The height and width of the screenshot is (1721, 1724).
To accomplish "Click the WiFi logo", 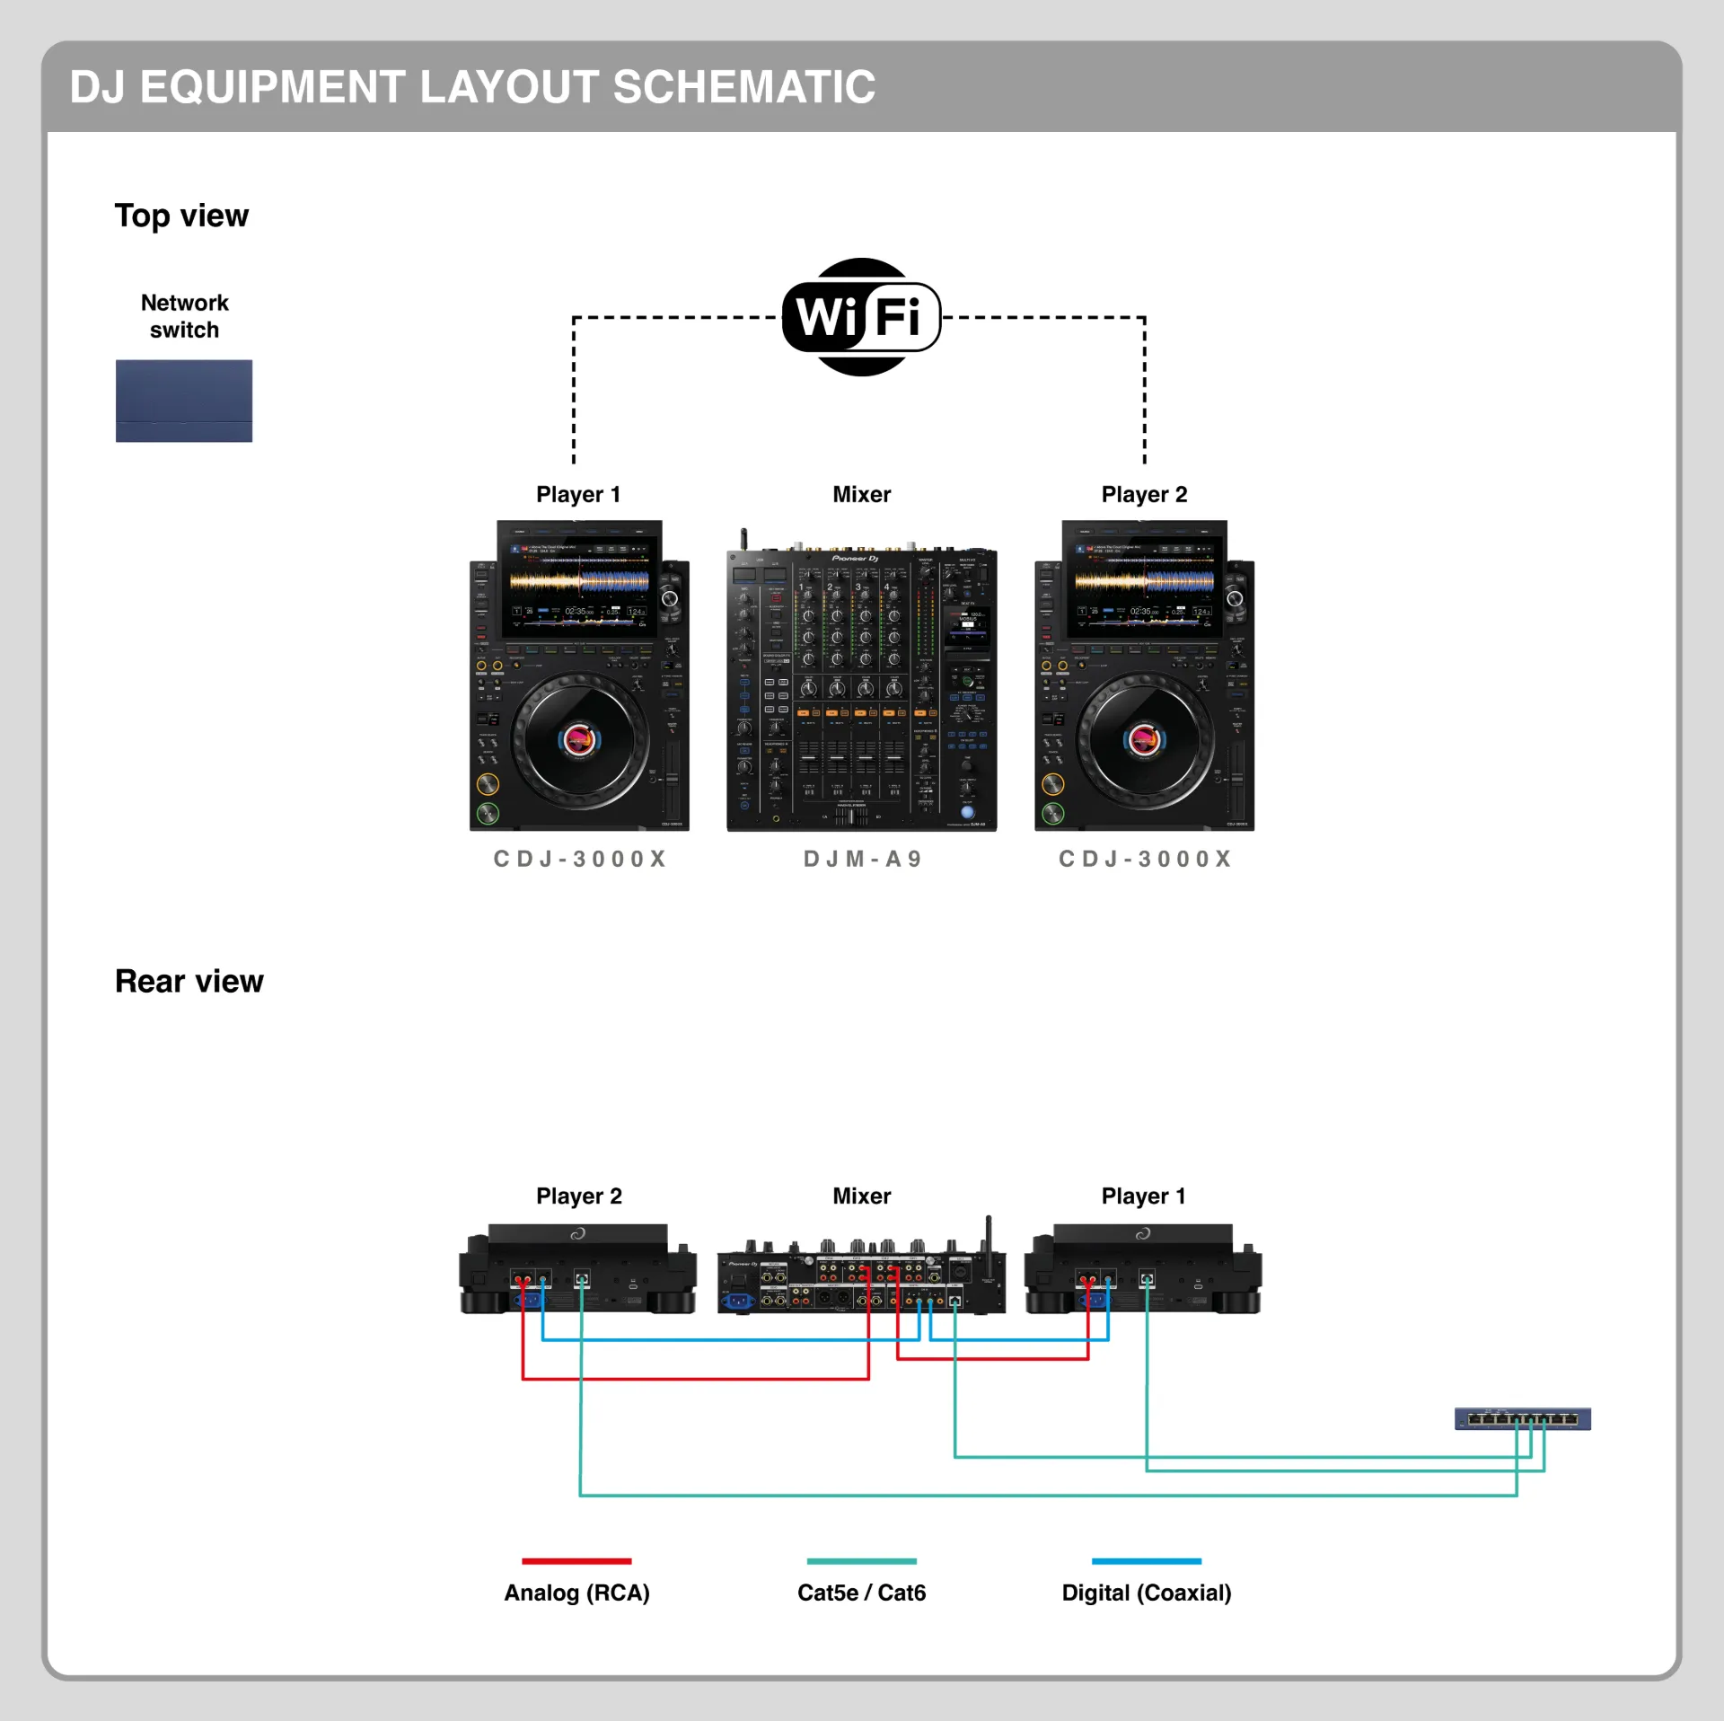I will (861, 316).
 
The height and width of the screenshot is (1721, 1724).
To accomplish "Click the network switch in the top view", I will (184, 401).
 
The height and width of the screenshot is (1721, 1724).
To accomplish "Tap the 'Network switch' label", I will (184, 316).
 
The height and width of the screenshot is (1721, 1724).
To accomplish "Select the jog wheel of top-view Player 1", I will (579, 740).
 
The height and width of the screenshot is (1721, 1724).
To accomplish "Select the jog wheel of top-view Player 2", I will (1144, 740).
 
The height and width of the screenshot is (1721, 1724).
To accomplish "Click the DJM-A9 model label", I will (862, 859).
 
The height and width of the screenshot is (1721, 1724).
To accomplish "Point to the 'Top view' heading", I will (181, 216).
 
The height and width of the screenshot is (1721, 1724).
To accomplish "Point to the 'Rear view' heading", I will (189, 981).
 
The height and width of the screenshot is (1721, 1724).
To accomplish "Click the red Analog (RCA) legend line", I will (576, 1561).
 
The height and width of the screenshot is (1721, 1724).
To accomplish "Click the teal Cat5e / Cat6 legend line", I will (861, 1561).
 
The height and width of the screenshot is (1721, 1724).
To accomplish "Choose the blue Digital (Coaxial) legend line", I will (1146, 1561).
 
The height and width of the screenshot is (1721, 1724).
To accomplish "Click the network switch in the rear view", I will (1522, 1418).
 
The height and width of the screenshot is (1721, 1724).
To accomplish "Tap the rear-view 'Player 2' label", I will (579, 1196).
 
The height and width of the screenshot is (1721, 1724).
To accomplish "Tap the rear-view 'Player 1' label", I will (1143, 1196).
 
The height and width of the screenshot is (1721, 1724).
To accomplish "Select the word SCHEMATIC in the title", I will (743, 87).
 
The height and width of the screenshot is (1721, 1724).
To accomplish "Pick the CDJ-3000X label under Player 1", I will (580, 859).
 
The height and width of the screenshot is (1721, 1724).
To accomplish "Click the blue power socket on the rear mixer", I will (738, 1301).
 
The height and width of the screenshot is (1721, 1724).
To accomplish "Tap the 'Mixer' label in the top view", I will (861, 494).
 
